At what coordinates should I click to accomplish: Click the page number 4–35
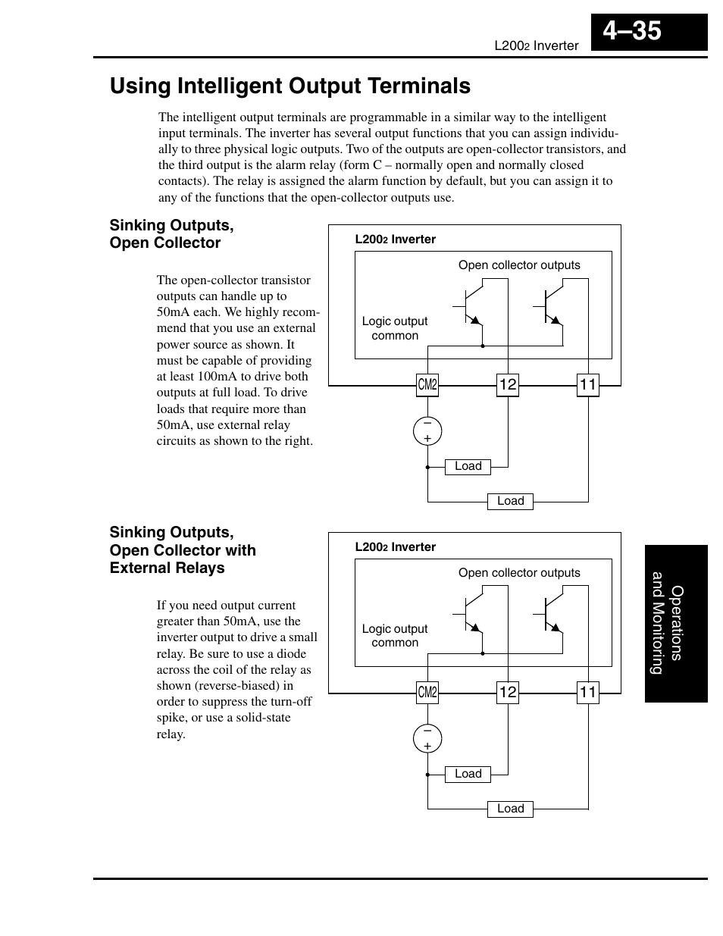tap(633, 31)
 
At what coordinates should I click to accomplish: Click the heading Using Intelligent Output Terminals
tap(290, 86)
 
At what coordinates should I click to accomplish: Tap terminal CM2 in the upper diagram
tap(427, 384)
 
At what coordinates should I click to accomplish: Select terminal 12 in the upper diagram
tap(508, 384)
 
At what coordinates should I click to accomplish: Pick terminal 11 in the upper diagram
tap(588, 384)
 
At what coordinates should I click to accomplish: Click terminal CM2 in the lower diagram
tap(427, 692)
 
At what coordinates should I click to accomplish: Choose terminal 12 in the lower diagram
tap(508, 692)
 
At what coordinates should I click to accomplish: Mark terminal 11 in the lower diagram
tap(588, 692)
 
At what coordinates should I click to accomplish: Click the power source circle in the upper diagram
tap(427, 431)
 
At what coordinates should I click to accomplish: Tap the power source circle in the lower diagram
tap(427, 738)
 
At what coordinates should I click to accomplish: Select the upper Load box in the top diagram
tap(468, 466)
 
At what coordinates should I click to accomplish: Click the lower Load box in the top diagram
tap(510, 501)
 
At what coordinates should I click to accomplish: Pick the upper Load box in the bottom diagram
tap(468, 774)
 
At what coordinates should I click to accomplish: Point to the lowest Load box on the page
tap(510, 809)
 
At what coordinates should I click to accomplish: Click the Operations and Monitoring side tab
tap(675, 624)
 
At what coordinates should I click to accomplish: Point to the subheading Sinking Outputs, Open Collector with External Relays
tap(183, 550)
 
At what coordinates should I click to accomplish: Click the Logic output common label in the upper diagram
tap(394, 328)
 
